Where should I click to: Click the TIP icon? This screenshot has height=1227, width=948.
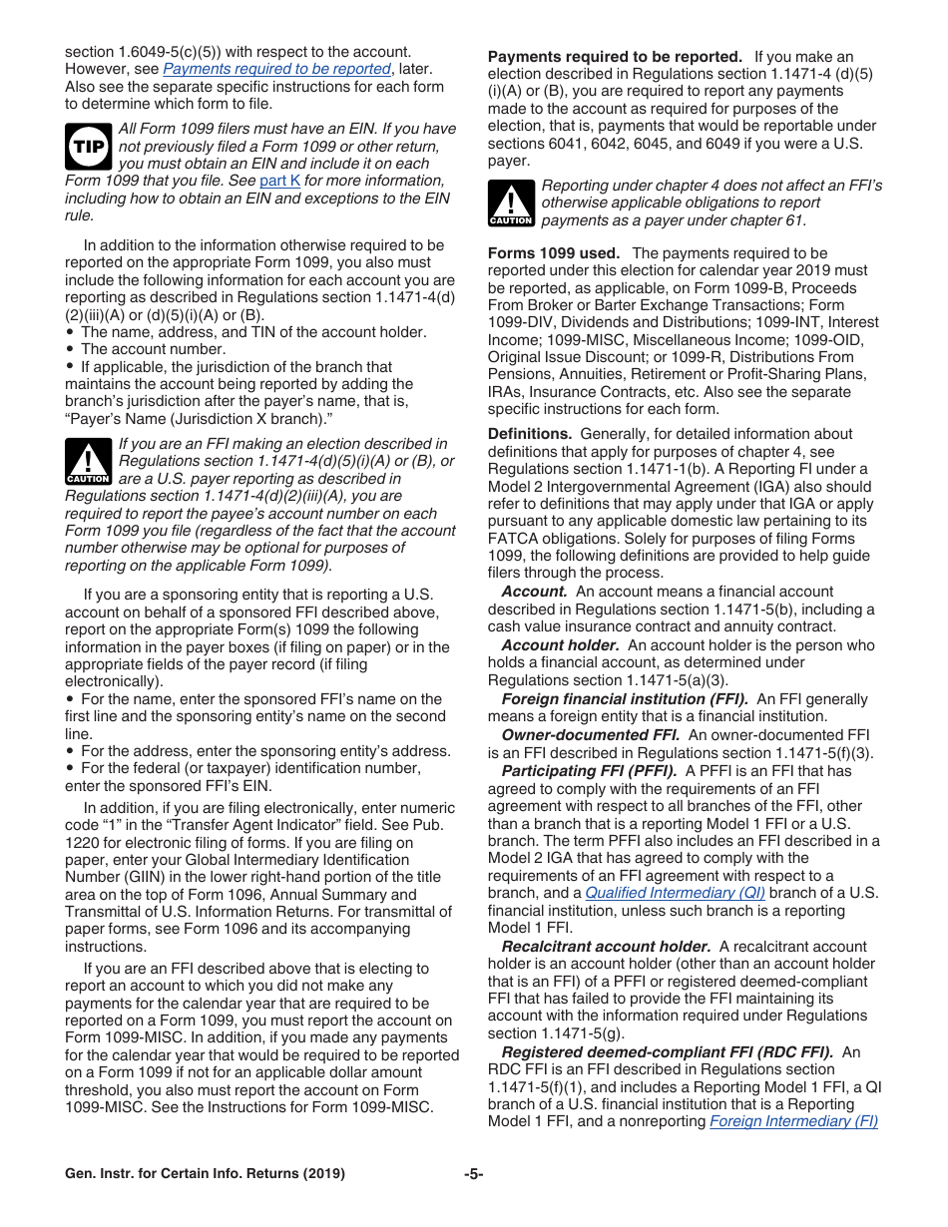coord(87,146)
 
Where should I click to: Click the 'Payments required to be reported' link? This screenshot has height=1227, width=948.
coord(276,69)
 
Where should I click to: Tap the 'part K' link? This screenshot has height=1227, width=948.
coord(279,181)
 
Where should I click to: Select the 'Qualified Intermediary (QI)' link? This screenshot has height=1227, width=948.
coord(675,893)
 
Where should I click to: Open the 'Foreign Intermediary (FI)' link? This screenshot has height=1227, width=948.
coord(793,1121)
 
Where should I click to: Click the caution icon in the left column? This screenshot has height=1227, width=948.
coord(87,461)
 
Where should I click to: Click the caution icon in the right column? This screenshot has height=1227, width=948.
coord(510,204)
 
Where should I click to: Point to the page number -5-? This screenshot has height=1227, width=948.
coord(473,1174)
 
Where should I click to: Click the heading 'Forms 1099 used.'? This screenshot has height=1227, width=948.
coord(553,253)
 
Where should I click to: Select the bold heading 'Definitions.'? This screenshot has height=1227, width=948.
coord(530,434)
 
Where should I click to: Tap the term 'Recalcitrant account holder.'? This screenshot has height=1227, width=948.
coord(606,946)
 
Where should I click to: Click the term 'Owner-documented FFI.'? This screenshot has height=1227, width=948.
coord(591,734)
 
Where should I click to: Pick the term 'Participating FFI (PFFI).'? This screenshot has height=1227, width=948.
coord(589,770)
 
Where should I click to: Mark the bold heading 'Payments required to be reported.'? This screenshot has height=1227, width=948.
coord(615,57)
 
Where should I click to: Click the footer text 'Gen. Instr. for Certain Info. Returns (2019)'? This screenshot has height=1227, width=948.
coord(205,1174)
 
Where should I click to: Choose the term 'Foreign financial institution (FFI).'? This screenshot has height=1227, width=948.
coord(625,698)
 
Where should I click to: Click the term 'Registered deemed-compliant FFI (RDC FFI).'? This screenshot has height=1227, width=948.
coord(667,1051)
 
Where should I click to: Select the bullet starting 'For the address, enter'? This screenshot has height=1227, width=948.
coord(264,751)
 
